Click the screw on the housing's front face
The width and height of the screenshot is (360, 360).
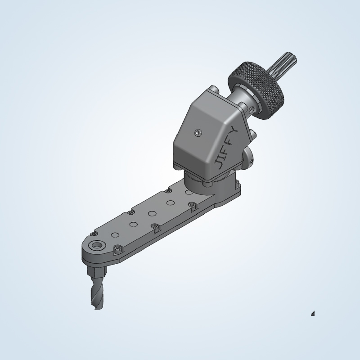(x=198, y=132)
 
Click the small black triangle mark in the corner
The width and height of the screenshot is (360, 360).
(x=313, y=313)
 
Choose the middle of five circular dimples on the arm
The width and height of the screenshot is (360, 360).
(x=152, y=212)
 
